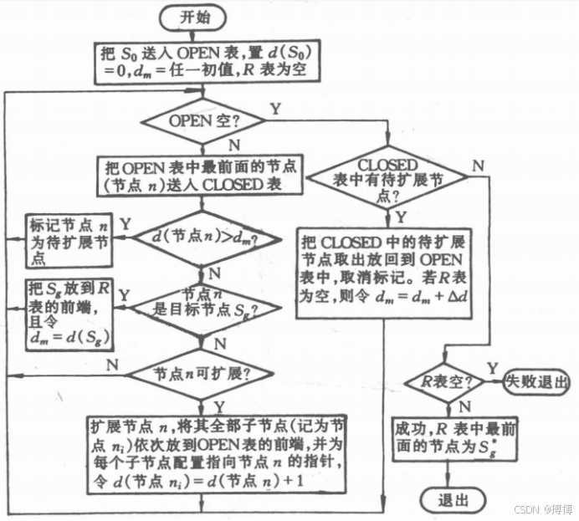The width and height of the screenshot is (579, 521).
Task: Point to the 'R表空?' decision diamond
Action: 443,381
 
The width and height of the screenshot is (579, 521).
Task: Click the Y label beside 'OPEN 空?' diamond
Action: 274,109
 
